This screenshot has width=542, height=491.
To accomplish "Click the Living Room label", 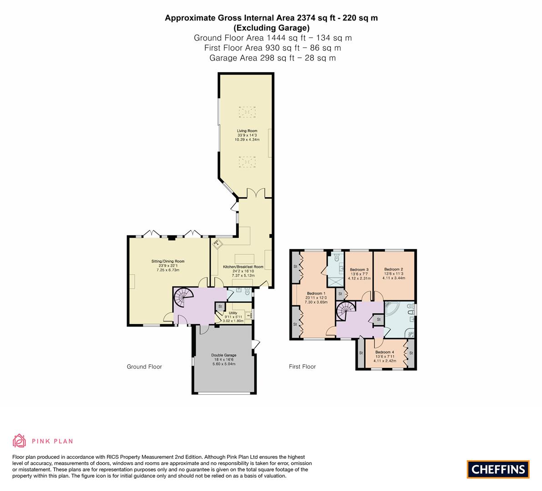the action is click(247, 131).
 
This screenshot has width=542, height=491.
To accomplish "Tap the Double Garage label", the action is click(223, 355).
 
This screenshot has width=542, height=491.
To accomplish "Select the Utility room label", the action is click(233, 313).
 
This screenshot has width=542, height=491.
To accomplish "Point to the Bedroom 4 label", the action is click(385, 352).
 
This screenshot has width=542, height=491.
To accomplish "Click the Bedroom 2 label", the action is click(394, 269).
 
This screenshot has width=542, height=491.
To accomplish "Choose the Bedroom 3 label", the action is click(359, 270).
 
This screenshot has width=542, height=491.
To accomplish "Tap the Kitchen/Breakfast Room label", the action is click(243, 267).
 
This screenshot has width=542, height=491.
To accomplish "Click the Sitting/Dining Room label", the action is click(168, 261).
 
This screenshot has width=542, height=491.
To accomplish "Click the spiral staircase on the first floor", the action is click(346, 312).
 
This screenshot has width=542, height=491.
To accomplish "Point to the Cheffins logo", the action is click(498, 469).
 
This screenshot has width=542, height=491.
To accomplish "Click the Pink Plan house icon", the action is click(20, 441).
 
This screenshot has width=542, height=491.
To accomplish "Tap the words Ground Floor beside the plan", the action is click(144, 367).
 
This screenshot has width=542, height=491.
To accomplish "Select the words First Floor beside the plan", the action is click(303, 367).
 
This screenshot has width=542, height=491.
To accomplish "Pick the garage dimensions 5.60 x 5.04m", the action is click(223, 364).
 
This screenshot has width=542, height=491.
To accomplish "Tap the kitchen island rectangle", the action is click(244, 259).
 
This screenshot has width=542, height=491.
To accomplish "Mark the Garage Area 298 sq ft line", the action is click(273, 58).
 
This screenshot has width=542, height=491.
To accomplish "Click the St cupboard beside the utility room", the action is click(220, 306).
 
